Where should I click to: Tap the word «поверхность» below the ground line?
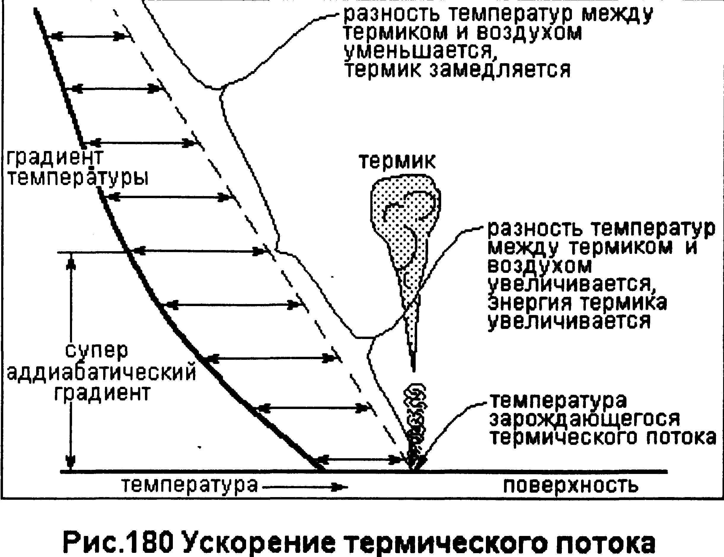pyautogui.click(x=571, y=486)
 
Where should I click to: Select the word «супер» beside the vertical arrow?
pyautogui.click(x=97, y=351)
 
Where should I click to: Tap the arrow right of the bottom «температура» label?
pyautogui.click(x=305, y=487)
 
